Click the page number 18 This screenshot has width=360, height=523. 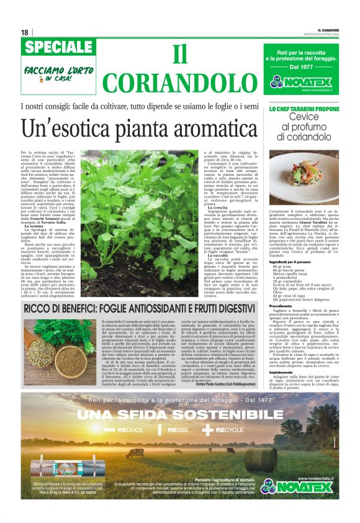(x=24, y=32)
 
